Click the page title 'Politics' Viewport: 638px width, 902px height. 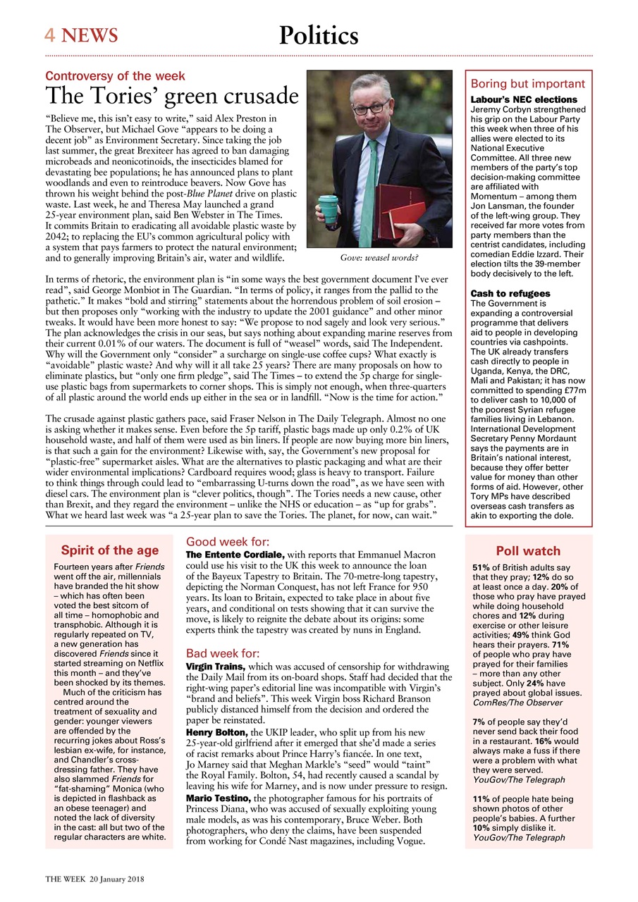pos(319,35)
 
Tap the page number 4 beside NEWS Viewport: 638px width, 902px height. pos(50,35)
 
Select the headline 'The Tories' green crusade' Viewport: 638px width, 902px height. pos(172,97)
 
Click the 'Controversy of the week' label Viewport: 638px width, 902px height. pos(115,76)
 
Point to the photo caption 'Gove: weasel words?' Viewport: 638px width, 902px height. pos(379,258)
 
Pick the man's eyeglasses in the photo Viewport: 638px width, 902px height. pos(371,107)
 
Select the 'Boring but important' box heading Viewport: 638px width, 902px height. pos(528,83)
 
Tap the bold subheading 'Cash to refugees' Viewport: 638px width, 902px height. pos(510,293)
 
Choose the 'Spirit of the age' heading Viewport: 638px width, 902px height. pos(109,550)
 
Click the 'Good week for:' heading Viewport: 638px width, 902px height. pos(227,542)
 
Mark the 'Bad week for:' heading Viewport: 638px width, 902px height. pos(222,653)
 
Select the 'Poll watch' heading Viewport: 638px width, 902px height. pos(528,551)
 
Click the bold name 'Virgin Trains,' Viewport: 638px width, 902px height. pos(215,667)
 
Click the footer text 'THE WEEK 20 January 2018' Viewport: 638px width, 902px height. pos(95,879)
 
